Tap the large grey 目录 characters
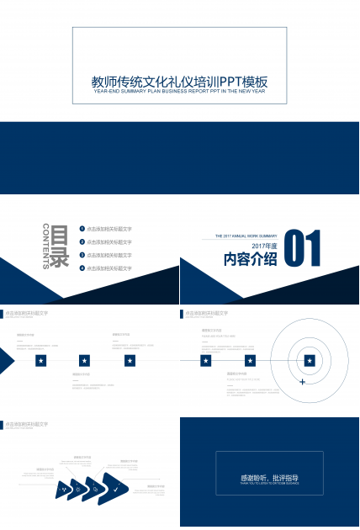pos(59,246)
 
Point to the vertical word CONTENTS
pos(45,246)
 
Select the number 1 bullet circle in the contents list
pos(82,229)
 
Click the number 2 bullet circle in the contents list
pos(82,241)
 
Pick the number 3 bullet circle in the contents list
pos(82,254)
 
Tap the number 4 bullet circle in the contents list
pos(82,268)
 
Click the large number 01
pos(304,250)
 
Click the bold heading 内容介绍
pos(250,259)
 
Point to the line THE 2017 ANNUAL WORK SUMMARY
pos(246,236)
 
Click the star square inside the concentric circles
pos(310,360)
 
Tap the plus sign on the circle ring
pos(302,382)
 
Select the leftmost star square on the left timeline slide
pos(40,360)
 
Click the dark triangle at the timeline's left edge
pos(6,360)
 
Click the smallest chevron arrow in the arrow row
pos(63,489)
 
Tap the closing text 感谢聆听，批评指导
pos(269,478)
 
